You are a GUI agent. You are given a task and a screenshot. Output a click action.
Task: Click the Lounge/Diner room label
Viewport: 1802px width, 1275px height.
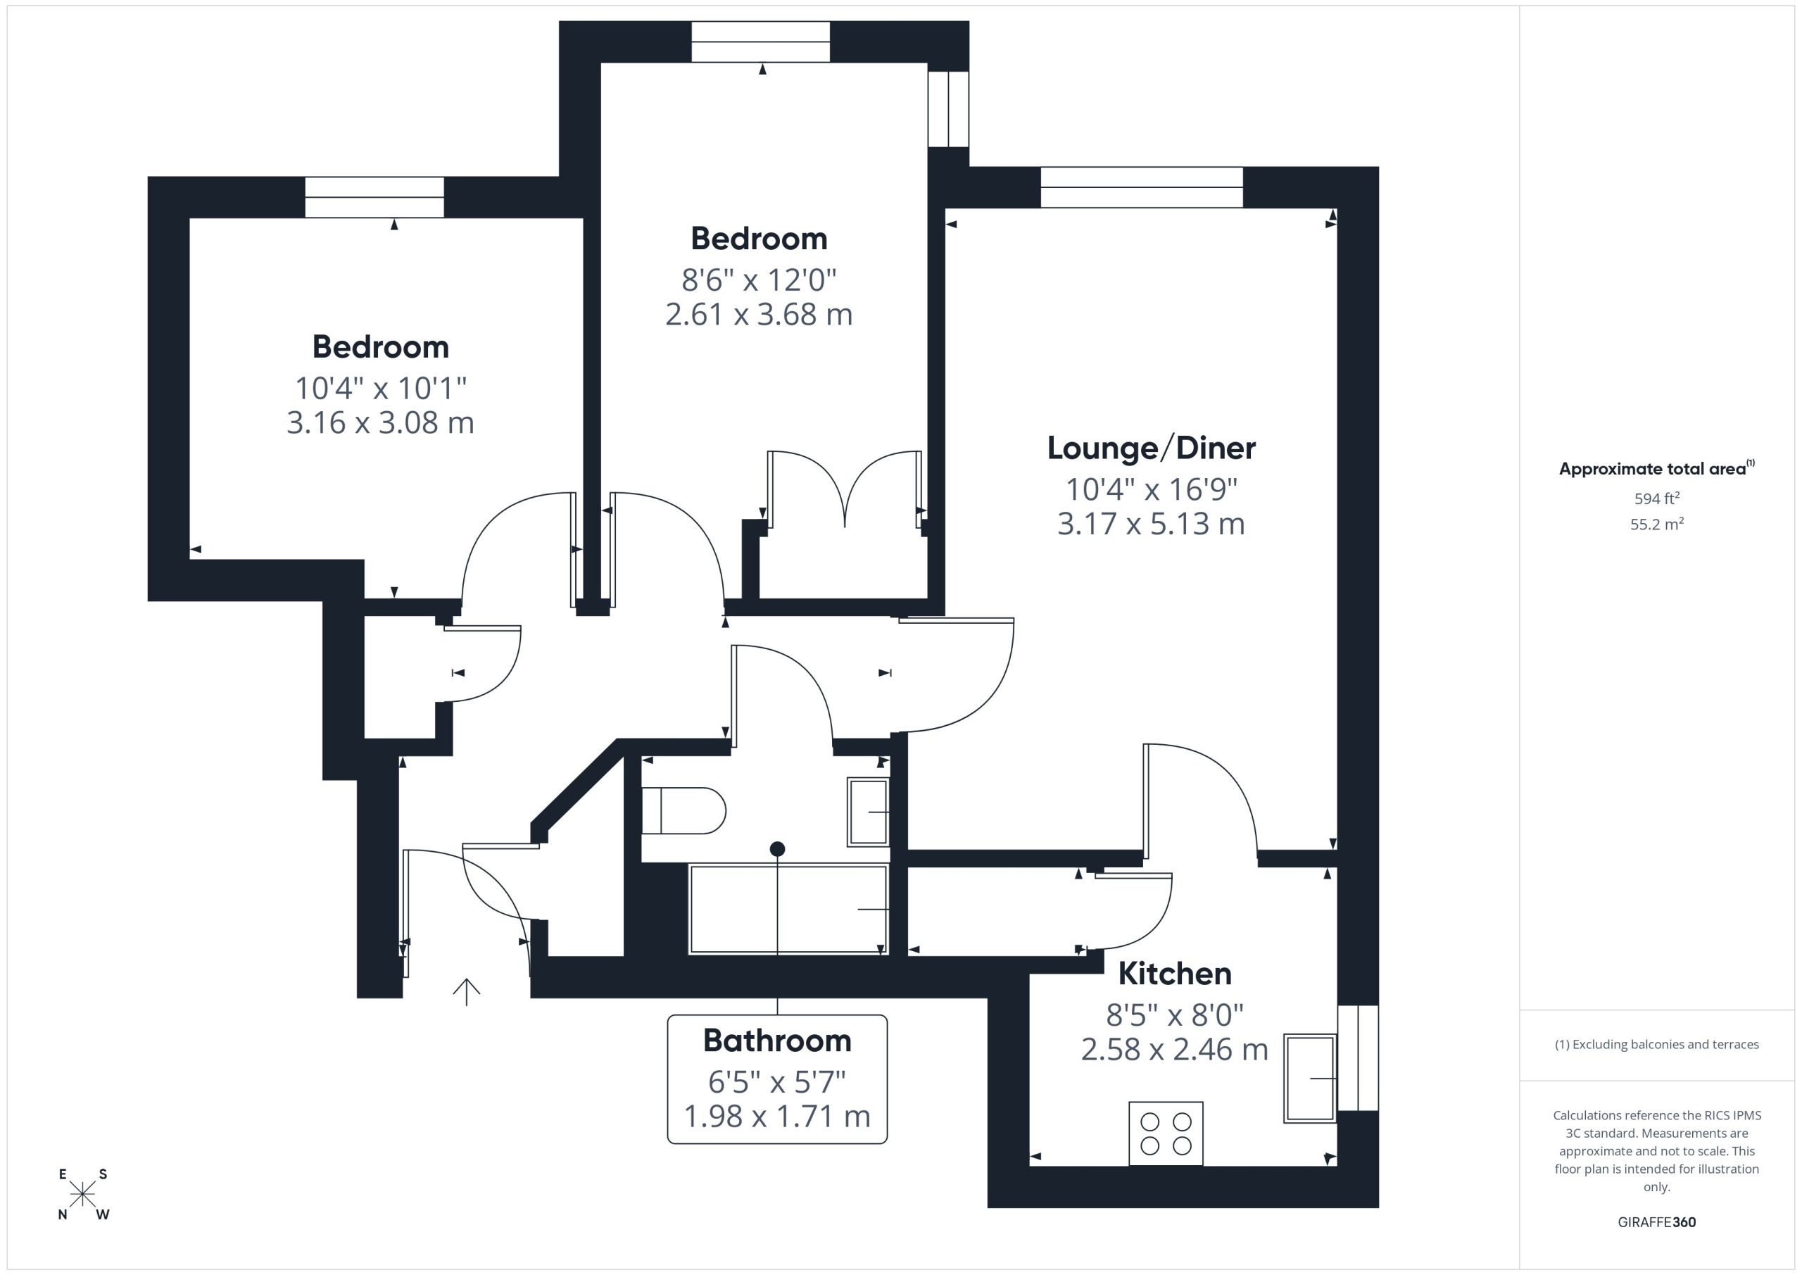point(1152,448)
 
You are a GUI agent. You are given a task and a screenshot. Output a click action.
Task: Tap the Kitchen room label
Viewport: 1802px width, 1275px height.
point(1174,974)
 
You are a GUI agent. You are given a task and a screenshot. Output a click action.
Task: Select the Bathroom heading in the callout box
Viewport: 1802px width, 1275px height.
point(777,1041)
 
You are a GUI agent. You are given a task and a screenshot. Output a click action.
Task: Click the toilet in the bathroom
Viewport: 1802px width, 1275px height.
point(683,810)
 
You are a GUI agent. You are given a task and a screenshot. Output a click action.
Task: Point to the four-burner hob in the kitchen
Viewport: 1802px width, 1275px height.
point(1166,1133)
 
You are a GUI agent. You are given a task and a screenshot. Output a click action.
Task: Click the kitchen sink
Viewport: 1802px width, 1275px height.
point(1310,1078)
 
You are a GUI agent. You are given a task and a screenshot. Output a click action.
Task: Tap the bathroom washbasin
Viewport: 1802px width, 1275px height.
point(868,812)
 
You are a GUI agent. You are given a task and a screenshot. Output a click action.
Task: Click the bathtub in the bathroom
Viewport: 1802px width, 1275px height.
point(788,909)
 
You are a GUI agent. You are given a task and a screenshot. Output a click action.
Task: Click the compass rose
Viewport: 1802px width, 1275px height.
point(82,1195)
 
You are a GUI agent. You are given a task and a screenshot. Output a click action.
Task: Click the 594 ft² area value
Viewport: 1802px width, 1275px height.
point(1657,498)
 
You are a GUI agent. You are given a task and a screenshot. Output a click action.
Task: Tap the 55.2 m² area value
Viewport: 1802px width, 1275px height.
point(1657,525)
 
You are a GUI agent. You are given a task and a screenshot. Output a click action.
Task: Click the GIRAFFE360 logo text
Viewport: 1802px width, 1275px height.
point(1657,1222)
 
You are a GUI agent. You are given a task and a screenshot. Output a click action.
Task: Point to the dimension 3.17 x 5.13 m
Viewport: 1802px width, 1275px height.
point(1152,524)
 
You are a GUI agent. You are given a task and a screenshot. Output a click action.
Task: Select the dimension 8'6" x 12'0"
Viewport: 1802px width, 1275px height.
point(759,280)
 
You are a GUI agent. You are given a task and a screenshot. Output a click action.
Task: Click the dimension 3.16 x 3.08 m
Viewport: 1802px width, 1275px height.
point(381,422)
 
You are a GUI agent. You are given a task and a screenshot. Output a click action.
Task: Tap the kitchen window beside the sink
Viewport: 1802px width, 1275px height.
point(1358,1057)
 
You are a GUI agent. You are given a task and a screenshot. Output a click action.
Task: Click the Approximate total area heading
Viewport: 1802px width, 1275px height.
point(1657,469)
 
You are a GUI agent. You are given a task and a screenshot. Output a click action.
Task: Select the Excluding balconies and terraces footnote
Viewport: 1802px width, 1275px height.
point(1657,1044)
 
